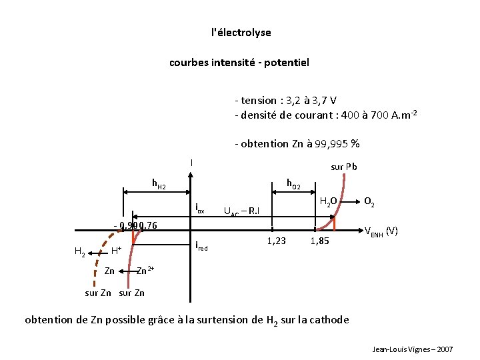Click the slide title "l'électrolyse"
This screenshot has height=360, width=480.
[x=241, y=32]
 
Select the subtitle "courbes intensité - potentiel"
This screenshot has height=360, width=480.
[x=239, y=63]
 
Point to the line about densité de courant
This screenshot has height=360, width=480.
[x=326, y=115]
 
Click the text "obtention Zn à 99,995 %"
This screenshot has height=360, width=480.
[x=297, y=144]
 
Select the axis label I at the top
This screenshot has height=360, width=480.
[x=191, y=162]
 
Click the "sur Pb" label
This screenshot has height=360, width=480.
[x=344, y=167]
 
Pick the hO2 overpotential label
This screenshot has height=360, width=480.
[x=293, y=183]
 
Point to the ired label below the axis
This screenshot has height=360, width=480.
[x=201, y=247]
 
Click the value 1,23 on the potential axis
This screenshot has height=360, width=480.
[x=276, y=241]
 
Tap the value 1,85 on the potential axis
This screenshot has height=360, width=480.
[x=319, y=241]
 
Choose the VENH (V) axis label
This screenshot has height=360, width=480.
[x=381, y=231]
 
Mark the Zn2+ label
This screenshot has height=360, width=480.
[x=145, y=270]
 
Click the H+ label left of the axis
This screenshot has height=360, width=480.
[x=116, y=251]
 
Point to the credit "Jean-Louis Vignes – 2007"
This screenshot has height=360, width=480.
[x=413, y=349]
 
